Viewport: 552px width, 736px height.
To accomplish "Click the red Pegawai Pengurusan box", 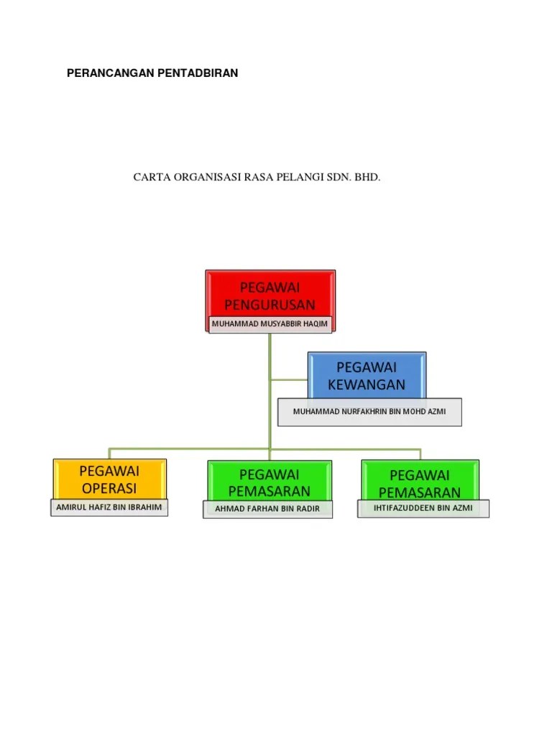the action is click(x=270, y=292).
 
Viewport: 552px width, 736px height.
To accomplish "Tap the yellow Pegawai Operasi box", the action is click(x=109, y=477).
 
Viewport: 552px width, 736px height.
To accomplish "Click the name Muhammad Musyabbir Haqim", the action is click(x=270, y=324).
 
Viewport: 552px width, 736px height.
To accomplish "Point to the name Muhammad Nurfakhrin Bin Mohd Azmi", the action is click(x=369, y=412).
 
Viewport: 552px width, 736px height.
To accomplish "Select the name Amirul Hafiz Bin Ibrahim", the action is click(x=109, y=507).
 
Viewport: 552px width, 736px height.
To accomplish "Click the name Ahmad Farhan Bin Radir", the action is click(x=267, y=510).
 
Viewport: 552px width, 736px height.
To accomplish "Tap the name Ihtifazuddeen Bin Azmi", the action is click(x=423, y=508).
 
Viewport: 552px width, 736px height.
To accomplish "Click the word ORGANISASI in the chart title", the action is click(x=203, y=177).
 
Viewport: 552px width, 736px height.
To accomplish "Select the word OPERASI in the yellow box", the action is click(x=109, y=488).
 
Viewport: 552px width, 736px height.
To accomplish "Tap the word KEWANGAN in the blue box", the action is click(x=367, y=385).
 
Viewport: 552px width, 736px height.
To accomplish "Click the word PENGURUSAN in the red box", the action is click(x=270, y=305).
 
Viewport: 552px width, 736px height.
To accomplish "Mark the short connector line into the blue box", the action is click(x=289, y=379).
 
